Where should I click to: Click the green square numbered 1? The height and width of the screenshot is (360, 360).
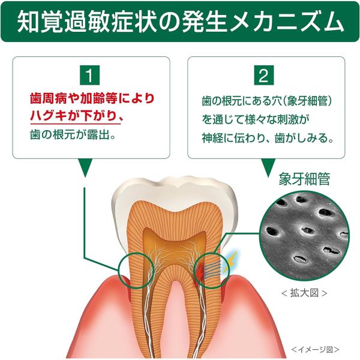click(89, 75)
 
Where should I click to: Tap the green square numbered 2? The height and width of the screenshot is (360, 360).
click(264, 75)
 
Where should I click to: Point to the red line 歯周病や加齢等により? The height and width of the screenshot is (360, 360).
click(92, 98)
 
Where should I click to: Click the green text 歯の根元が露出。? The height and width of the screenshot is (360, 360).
click(73, 134)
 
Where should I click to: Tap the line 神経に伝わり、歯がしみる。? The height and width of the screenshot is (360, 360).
click(268, 138)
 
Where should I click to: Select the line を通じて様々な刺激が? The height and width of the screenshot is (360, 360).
click(255, 119)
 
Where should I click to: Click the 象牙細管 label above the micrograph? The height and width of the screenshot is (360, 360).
click(304, 179)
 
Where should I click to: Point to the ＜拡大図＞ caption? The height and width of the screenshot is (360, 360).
click(304, 293)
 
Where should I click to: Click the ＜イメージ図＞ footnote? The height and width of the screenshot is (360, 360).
click(315, 349)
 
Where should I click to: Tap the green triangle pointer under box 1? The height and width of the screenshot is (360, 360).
click(85, 167)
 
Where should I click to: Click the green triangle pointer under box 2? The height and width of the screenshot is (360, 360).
click(268, 167)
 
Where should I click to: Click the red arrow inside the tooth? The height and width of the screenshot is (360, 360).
click(200, 272)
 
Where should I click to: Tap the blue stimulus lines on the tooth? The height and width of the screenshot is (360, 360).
click(212, 269)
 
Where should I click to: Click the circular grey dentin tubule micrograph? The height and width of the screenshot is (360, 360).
click(304, 236)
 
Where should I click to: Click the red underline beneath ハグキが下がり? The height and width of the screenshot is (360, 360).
click(76, 124)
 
